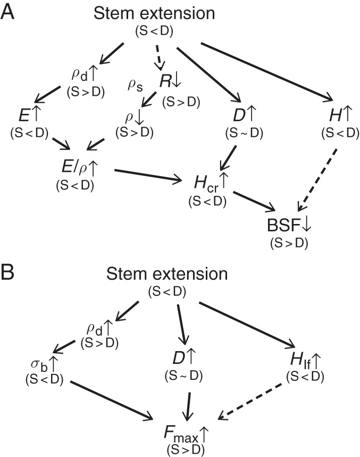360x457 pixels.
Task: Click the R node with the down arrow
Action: [169, 81]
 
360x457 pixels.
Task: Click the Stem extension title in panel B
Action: [167, 275]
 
